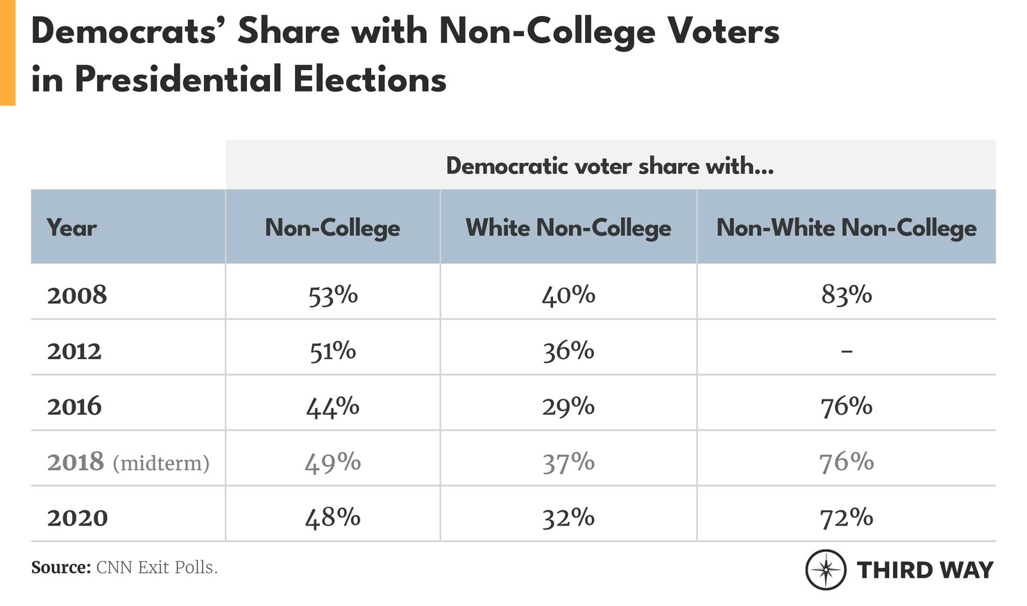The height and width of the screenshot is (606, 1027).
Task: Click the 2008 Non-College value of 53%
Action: [x=333, y=295]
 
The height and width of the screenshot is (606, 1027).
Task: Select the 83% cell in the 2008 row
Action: [x=847, y=295]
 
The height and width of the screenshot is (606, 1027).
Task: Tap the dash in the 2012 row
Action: [x=847, y=352]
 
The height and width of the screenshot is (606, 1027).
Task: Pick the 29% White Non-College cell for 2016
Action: [x=568, y=406]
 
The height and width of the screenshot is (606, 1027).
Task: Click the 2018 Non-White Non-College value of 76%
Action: [x=847, y=462]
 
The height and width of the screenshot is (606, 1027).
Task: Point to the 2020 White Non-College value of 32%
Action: [x=568, y=518]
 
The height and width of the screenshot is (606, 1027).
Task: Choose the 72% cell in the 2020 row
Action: [x=847, y=518]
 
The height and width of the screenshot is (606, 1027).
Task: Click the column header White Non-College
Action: [x=568, y=228]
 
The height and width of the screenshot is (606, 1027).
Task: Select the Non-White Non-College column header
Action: [x=847, y=228]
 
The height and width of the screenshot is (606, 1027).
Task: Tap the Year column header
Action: [x=71, y=228]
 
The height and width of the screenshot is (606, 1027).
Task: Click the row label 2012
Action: [x=74, y=352]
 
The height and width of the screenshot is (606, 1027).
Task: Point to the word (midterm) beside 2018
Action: [x=161, y=463]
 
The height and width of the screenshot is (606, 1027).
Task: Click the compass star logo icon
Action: [x=825, y=570]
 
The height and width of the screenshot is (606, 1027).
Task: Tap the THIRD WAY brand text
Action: [x=925, y=570]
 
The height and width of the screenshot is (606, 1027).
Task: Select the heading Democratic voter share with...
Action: [x=609, y=166]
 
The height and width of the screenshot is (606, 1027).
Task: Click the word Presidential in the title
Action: [x=179, y=79]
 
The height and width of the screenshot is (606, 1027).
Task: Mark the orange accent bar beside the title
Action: [x=7, y=53]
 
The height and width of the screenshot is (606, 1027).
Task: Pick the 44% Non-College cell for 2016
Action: [x=333, y=406]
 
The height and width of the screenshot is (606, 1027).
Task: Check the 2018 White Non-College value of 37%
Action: [x=568, y=462]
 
